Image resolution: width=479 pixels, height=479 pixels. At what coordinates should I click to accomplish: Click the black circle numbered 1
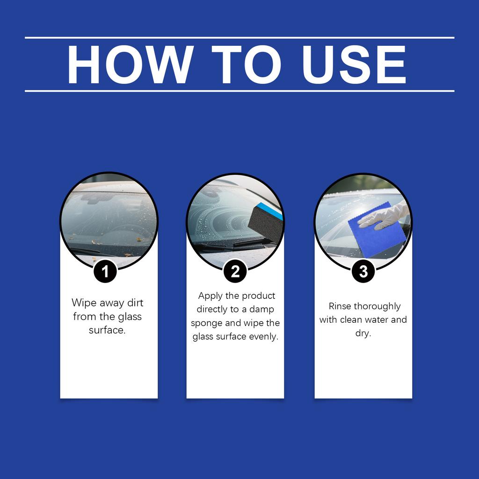pos(105,272)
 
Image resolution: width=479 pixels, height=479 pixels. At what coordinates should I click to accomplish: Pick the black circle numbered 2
pos(235,271)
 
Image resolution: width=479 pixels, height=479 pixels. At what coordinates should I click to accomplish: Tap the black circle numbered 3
pos(363,272)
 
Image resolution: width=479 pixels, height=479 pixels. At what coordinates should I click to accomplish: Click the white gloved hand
pos(386,216)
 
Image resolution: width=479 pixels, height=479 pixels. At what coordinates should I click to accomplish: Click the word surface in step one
pos(107,330)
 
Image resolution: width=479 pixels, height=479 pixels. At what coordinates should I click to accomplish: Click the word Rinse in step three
pos(340,306)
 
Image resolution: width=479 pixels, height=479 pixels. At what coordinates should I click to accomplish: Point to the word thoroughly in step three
pos(377,306)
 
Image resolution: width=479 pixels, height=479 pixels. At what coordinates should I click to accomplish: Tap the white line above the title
pos(239,37)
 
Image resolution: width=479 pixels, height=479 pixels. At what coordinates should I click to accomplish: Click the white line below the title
pos(239,91)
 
